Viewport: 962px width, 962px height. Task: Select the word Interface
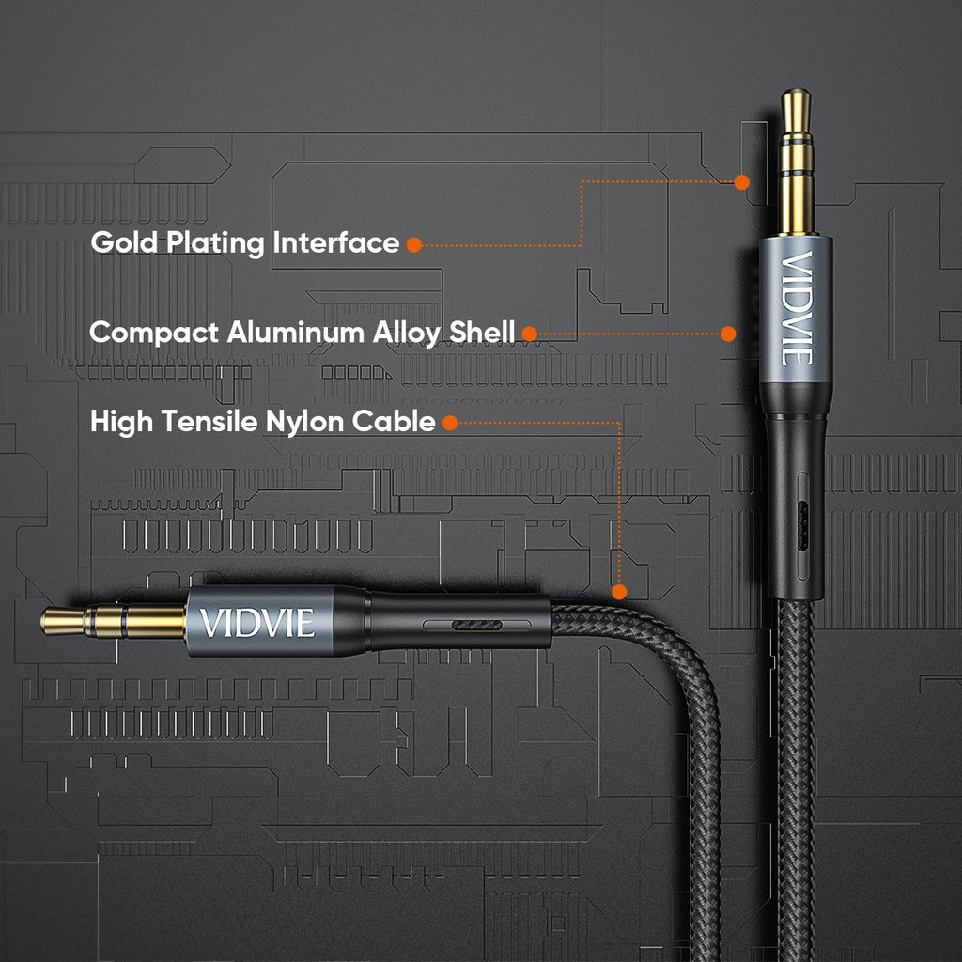[336, 242]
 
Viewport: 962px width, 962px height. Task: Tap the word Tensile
[208, 422]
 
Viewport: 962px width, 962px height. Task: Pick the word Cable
[395, 422]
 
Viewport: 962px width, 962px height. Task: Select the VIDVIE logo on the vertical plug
[796, 307]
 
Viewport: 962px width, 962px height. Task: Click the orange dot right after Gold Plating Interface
[413, 244]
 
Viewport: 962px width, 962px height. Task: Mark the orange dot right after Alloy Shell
[529, 334]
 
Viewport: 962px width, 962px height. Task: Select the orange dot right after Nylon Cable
[450, 423]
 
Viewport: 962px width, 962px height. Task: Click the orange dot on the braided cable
[619, 592]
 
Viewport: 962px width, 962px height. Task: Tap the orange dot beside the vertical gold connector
[742, 182]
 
